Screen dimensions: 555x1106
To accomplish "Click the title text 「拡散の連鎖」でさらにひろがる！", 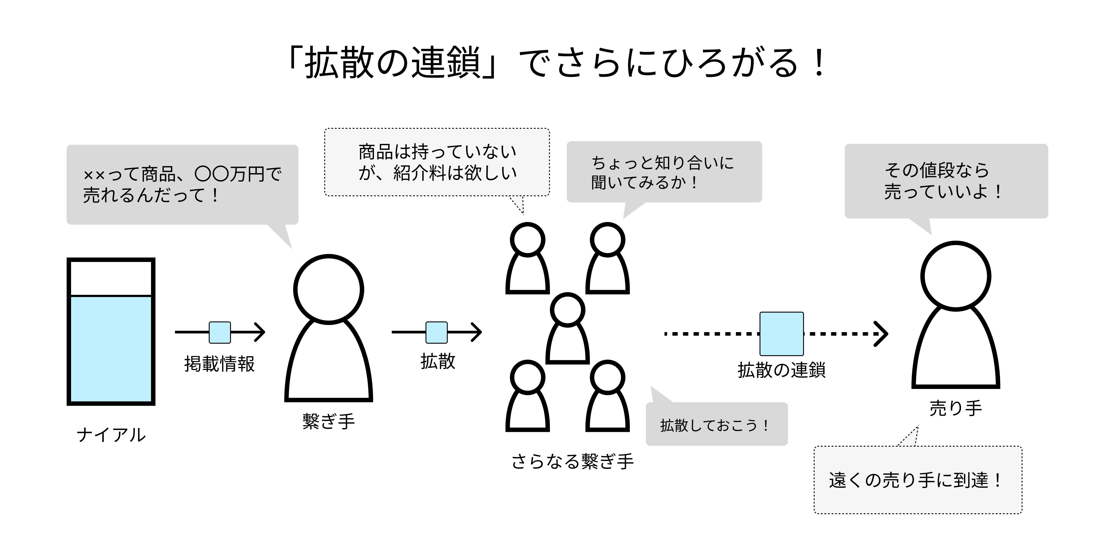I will [x=556, y=64].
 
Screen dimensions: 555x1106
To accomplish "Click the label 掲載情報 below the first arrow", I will [x=219, y=364].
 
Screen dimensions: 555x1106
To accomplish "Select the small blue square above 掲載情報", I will [x=220, y=333].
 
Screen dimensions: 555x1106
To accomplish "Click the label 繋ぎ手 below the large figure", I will [x=328, y=421].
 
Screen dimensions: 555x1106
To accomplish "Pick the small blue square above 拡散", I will [x=437, y=333].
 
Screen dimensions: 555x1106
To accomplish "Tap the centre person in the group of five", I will [x=568, y=328].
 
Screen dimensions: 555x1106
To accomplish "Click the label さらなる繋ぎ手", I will [x=572, y=462].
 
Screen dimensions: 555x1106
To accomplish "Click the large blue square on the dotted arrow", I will [x=781, y=334].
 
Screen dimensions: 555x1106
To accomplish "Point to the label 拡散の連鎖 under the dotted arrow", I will [x=781, y=370].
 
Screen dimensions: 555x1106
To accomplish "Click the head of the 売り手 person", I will [x=956, y=276].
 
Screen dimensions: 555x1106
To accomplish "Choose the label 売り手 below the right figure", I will [x=956, y=408].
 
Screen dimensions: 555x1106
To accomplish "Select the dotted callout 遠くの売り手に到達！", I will [x=918, y=480].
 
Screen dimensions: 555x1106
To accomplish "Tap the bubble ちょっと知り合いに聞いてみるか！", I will [x=664, y=172].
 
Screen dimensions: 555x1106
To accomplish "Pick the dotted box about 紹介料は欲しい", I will [x=437, y=162].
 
